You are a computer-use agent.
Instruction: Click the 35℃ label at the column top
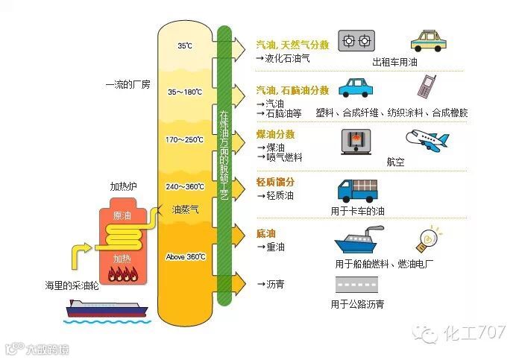coord(185,46)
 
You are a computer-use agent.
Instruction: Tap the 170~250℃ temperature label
coord(185,139)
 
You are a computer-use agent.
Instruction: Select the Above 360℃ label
coord(185,257)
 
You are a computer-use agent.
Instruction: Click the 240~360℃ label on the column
coord(185,187)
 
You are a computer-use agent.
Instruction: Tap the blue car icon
coord(356,88)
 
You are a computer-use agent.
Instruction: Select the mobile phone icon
coord(427,86)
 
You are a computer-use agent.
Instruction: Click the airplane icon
coord(427,139)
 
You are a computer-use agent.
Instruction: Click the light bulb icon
coord(431,239)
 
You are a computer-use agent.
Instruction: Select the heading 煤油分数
coord(275,135)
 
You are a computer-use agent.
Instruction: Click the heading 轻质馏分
coord(275,182)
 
